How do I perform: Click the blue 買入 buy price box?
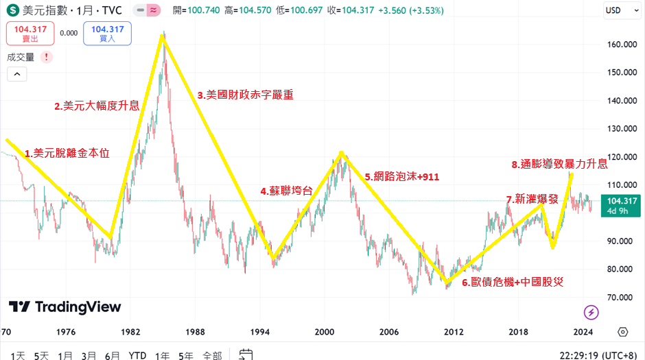tap(107, 33)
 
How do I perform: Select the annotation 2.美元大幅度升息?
tap(97, 106)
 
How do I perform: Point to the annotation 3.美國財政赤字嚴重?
tap(245, 95)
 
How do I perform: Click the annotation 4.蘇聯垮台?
tap(286, 191)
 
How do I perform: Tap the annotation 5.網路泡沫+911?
tap(401, 176)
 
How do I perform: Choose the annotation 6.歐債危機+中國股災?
tap(512, 282)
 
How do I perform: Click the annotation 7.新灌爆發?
tap(532, 199)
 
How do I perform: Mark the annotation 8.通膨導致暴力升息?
tap(559, 164)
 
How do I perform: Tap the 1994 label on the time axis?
tap(260, 332)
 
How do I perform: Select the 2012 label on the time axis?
tap(454, 332)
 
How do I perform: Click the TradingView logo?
tap(65, 307)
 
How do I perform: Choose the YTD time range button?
tap(137, 355)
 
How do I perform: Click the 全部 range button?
tap(211, 355)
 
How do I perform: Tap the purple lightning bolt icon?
tap(591, 313)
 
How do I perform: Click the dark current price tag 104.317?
tap(620, 205)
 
